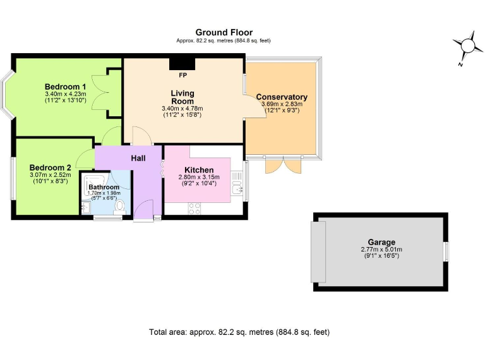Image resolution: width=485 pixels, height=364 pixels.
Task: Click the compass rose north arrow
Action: [467, 45]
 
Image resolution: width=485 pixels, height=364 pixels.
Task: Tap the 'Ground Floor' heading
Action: [224, 32]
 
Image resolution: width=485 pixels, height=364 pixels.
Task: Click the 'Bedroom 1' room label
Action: [65, 87]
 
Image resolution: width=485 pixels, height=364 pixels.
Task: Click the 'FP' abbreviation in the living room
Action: [183, 75]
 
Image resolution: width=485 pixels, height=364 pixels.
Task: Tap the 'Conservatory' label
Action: [282, 97]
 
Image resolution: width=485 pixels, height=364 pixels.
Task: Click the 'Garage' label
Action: [382, 242]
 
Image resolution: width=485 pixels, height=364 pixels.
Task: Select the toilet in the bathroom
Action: [120, 205]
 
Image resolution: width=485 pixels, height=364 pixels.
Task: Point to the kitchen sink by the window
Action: [236, 188]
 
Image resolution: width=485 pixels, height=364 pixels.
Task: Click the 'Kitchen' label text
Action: [198, 170]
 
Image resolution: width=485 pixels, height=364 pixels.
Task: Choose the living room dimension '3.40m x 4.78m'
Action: [183, 109]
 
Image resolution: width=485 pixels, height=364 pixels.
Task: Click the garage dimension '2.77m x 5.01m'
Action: [382, 250]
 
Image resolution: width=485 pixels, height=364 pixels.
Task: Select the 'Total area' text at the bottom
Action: [239, 332]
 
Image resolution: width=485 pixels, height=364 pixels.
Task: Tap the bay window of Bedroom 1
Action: [6, 95]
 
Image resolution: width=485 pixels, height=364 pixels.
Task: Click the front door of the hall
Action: [144, 210]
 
